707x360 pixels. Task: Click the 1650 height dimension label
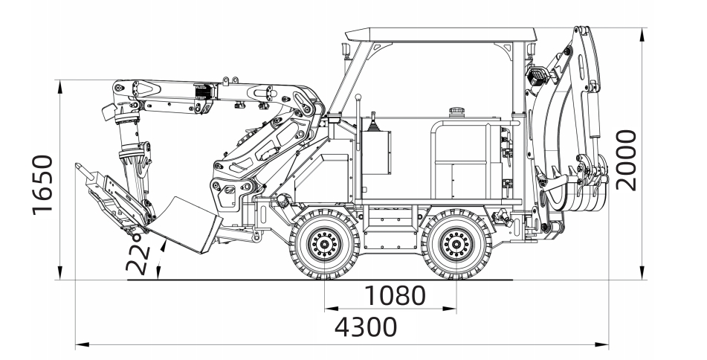43,184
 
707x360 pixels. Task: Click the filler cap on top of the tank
455,112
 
